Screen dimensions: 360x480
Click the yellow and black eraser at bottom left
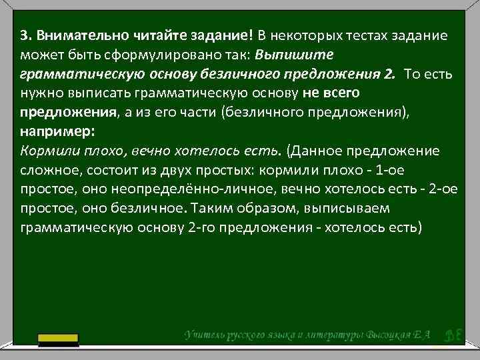click(x=58, y=340)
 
